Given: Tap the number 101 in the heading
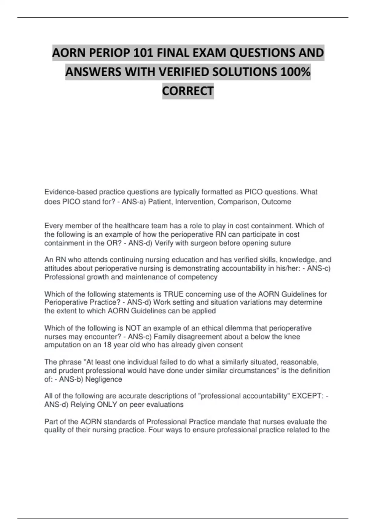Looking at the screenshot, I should pos(144,53).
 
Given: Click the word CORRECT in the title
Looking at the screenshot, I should pos(188,91).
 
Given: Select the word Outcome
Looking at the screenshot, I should pos(276,202).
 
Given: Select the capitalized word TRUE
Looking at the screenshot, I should pos(174,294).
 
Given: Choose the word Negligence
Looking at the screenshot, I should pos(104,379).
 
